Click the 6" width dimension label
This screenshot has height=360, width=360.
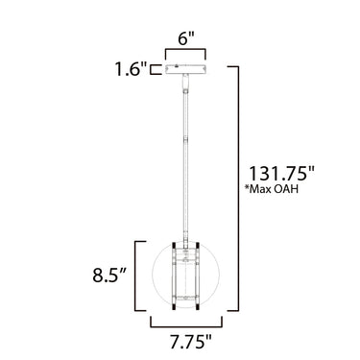click(x=186, y=39)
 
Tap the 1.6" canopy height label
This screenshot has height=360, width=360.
click(x=131, y=69)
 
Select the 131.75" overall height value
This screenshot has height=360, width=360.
click(x=282, y=174)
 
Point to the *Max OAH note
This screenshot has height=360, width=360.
click(x=272, y=189)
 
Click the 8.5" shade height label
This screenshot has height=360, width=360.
click(x=109, y=275)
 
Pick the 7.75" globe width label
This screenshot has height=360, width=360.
click(x=191, y=342)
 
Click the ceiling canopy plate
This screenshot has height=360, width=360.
click(x=185, y=69)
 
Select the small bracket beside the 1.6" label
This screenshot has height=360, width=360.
click(x=156, y=69)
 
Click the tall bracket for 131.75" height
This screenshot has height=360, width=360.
click(x=238, y=188)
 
